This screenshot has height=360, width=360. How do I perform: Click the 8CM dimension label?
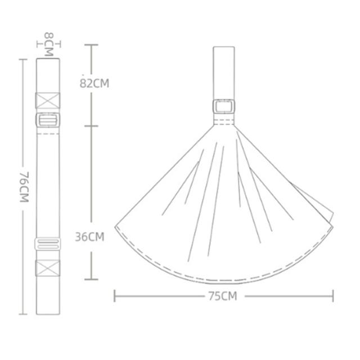[49, 44]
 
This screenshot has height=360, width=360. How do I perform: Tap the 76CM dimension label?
[24, 187]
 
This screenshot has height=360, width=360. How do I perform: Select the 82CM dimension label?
[94, 83]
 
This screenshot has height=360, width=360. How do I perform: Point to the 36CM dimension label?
[90, 237]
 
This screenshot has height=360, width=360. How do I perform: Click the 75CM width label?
[223, 296]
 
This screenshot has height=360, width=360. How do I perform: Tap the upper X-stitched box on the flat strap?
[48, 101]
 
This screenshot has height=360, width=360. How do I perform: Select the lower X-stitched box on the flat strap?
[48, 268]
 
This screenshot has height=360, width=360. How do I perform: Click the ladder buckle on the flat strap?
[48, 120]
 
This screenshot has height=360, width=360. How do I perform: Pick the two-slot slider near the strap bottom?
[48, 244]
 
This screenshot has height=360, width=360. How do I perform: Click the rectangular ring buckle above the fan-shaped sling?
[224, 106]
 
